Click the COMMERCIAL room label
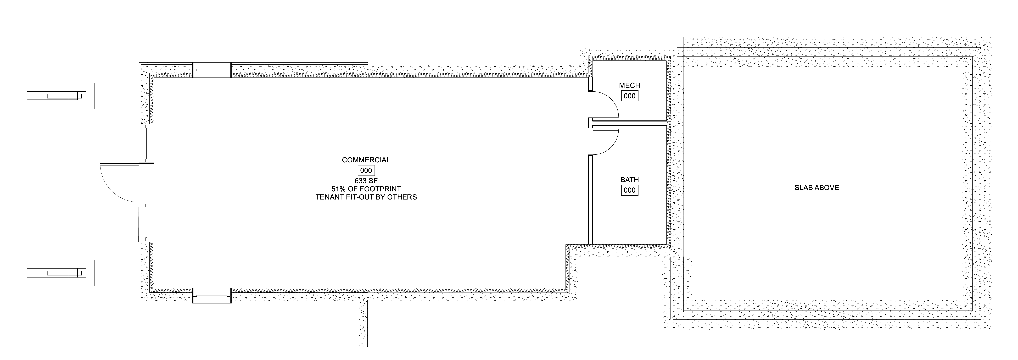[x=366, y=160]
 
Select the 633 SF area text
[x=366, y=181]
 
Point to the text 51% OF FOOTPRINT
[x=366, y=189]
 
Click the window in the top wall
[x=212, y=70]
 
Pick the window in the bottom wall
[x=212, y=296]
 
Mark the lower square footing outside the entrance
[x=82, y=273]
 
